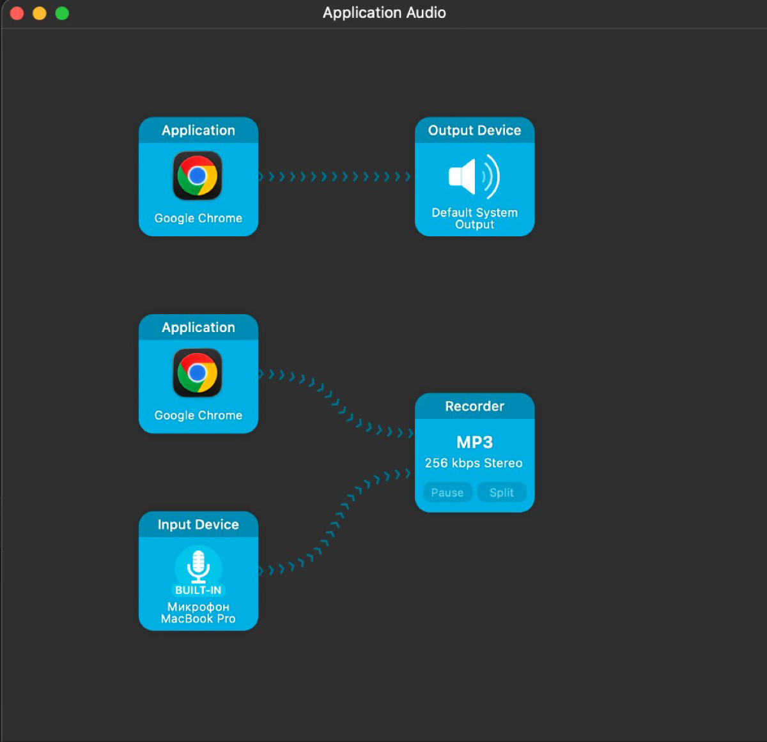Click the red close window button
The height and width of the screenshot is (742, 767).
17,13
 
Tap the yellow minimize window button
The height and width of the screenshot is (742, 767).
40,13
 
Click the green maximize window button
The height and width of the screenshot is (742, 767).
62,13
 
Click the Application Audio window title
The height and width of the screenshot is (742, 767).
384,13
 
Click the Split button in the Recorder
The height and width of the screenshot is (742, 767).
501,492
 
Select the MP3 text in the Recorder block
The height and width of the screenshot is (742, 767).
474,443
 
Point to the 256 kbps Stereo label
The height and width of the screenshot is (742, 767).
474,463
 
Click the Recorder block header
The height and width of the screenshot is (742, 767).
474,406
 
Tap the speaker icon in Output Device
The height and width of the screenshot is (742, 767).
474,176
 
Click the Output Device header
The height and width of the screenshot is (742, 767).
474,130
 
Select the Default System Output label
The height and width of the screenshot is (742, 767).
474,218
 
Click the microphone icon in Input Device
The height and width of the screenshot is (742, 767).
198,567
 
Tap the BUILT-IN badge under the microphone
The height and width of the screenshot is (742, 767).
198,590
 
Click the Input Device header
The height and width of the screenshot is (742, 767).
198,525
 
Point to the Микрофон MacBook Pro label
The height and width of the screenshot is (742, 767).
198,613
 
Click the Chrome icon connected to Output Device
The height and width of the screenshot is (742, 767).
198,176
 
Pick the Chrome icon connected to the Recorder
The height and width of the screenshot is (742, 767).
198,372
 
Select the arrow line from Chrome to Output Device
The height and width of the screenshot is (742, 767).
335,176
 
